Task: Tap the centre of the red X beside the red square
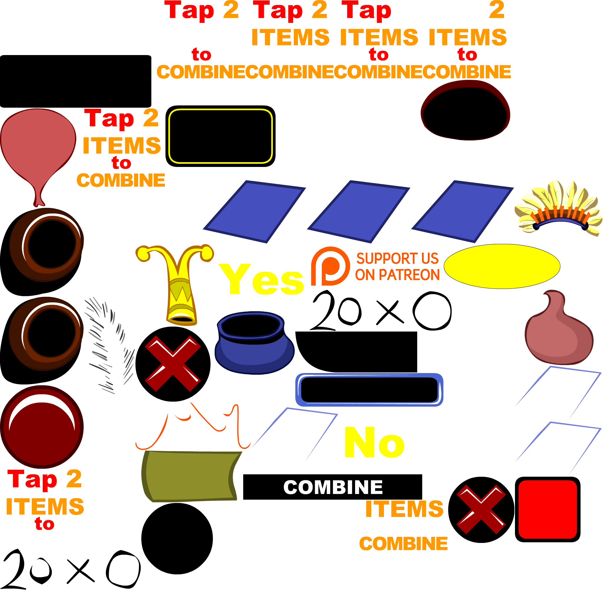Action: pyautogui.click(x=481, y=509)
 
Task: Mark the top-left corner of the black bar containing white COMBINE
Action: pyautogui.click(x=243, y=474)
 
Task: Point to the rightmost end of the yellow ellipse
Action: pyautogui.click(x=560, y=266)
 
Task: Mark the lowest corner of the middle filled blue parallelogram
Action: pyautogui.click(x=371, y=243)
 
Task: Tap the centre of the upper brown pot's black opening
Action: pyautogui.click(x=52, y=244)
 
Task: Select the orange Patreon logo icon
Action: pyautogui.click(x=330, y=266)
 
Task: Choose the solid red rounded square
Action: pyautogui.click(x=547, y=509)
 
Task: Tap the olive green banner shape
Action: pyautogui.click(x=191, y=476)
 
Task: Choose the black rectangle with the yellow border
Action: pyautogui.click(x=220, y=136)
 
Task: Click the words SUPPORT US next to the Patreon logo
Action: pyautogui.click(x=397, y=259)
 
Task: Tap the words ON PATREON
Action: pyautogui.click(x=397, y=275)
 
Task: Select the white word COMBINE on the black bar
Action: pyautogui.click(x=333, y=487)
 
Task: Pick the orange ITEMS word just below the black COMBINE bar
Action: pyautogui.click(x=404, y=509)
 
